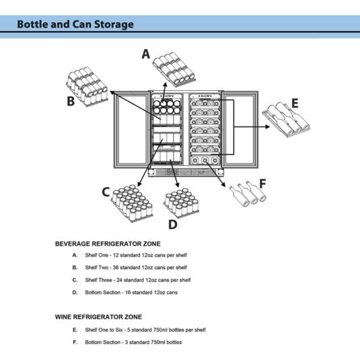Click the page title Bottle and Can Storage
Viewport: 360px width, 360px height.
(75, 24)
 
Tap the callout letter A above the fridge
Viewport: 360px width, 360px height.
(146, 54)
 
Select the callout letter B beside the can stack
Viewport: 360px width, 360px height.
(71, 101)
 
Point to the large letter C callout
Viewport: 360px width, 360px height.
(106, 192)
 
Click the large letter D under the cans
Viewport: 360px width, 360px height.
(173, 224)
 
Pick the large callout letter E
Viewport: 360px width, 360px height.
(295, 103)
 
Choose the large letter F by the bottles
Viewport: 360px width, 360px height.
(262, 184)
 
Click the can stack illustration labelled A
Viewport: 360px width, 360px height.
(174, 69)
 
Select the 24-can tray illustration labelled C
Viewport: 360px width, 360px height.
(132, 203)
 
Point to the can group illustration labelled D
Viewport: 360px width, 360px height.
(182, 203)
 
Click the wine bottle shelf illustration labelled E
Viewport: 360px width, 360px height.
(286, 120)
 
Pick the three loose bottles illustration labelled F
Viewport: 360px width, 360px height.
(248, 194)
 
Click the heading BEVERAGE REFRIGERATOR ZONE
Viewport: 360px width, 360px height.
(108, 244)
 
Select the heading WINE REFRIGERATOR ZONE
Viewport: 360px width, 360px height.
(98, 317)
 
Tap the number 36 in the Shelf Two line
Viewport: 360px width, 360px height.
(116, 267)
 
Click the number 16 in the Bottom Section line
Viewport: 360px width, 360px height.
(128, 292)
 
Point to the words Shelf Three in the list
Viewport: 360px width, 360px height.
(98, 280)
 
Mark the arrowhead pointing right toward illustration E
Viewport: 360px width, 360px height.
(267, 127)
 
